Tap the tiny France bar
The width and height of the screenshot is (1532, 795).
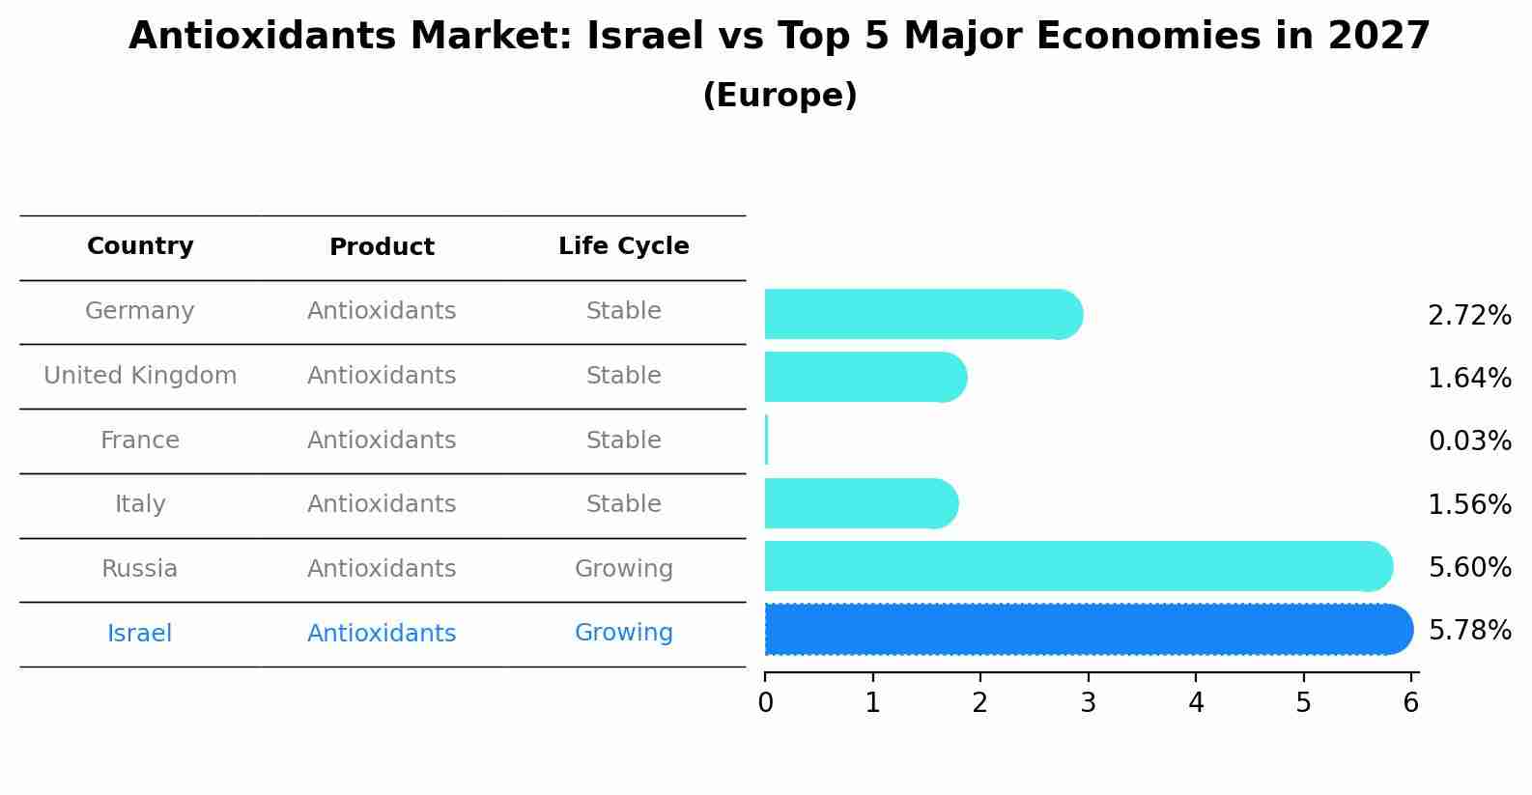coord(766,440)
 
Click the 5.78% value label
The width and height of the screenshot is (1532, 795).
coord(1469,631)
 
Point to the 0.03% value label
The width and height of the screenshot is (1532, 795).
coord(1469,441)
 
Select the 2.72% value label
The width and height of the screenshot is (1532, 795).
coord(1469,316)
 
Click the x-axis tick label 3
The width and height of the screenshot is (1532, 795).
coord(1088,703)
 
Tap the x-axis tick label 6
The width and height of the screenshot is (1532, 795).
coord(1410,703)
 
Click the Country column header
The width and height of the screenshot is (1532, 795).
coord(140,246)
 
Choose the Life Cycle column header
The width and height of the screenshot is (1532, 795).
coord(623,246)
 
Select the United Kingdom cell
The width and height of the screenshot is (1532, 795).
coord(140,376)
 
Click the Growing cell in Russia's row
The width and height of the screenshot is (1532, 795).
coord(623,569)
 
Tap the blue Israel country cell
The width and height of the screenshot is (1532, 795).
coord(140,634)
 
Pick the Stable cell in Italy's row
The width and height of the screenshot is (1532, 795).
coord(623,504)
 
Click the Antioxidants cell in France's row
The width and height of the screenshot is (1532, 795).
coord(382,440)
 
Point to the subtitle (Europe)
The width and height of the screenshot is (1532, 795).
coord(780,96)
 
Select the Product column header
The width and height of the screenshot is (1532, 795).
coord(382,247)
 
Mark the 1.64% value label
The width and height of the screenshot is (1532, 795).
coord(1469,379)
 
